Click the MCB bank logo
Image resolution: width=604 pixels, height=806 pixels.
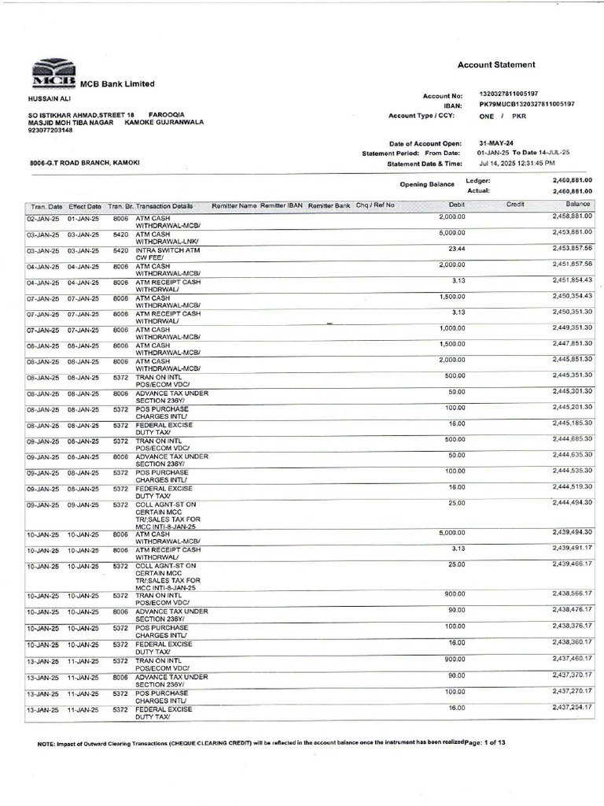(x=53, y=73)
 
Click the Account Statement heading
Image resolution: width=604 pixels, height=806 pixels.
(x=496, y=65)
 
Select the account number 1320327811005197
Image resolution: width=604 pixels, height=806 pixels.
(x=515, y=94)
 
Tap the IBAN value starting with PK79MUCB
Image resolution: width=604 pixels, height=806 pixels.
(x=526, y=105)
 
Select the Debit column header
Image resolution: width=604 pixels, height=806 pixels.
(x=457, y=205)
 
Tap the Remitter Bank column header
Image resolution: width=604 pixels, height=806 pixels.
(x=329, y=205)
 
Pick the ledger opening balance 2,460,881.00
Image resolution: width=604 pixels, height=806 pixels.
(x=572, y=180)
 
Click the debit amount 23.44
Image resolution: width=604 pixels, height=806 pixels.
(x=456, y=248)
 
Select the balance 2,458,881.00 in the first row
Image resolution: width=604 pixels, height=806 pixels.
(x=572, y=216)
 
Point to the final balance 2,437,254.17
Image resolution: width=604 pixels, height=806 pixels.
(x=572, y=708)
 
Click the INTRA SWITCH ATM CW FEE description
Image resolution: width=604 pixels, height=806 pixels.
(x=168, y=253)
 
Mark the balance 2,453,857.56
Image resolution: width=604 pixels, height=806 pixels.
(x=572, y=248)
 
